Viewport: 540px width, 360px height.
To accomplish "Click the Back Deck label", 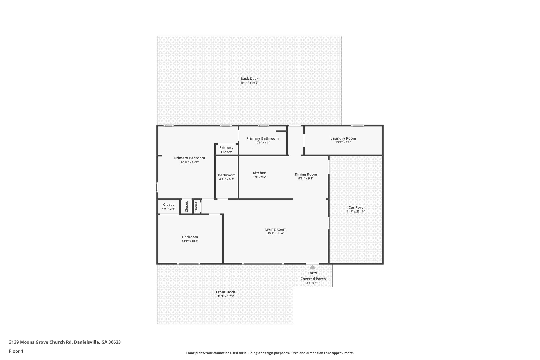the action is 249,79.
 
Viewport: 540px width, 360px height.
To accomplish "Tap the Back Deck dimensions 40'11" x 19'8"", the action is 249,83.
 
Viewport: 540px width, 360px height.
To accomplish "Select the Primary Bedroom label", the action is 189,158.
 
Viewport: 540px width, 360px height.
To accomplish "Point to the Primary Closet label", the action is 226,150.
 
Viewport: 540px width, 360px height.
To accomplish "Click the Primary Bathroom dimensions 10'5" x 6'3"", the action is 262,143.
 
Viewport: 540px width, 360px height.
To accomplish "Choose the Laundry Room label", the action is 343,138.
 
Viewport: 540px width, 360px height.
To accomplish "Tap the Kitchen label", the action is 259,173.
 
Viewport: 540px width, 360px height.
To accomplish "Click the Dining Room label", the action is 306,174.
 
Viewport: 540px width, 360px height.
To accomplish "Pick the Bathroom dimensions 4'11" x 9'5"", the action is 227,179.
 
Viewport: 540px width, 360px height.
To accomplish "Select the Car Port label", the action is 356,208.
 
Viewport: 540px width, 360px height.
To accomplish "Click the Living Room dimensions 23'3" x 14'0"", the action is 276,233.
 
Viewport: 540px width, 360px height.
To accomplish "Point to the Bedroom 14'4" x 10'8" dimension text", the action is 190,241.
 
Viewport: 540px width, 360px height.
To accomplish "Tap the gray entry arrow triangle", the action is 312,267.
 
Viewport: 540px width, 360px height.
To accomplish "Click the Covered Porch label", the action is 313,279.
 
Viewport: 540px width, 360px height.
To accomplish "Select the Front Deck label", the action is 225,292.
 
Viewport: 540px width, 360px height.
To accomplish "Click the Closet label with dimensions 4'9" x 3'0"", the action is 168,205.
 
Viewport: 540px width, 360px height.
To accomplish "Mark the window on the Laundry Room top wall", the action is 358,126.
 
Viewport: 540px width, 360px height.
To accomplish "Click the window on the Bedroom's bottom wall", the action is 189,263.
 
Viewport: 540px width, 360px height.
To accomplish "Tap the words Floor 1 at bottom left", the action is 16,351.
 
